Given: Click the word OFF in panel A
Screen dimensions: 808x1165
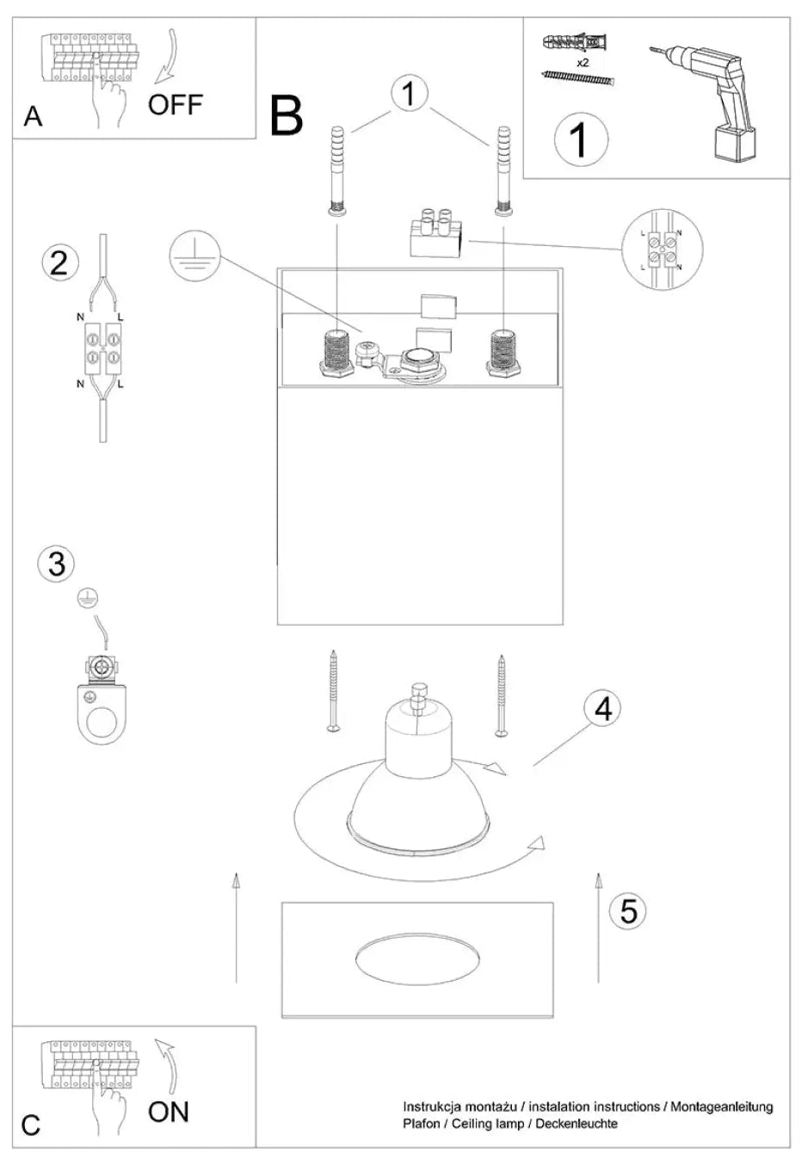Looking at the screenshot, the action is (175, 104).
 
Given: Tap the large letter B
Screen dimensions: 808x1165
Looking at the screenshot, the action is (287, 116).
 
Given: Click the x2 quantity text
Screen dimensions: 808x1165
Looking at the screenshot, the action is (583, 63).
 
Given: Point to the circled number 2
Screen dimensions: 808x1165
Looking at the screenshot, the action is (60, 262).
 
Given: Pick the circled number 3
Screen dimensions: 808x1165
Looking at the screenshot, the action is (57, 564).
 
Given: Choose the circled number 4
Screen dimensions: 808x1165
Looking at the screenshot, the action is (602, 708).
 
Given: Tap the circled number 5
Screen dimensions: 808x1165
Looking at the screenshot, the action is (628, 897).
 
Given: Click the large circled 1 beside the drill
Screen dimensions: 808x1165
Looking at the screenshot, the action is (581, 139).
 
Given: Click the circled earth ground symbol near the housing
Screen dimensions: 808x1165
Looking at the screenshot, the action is (194, 256).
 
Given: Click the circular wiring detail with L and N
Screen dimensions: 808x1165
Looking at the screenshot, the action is (663, 250).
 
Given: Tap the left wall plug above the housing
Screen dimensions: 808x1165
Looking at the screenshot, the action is (337, 170).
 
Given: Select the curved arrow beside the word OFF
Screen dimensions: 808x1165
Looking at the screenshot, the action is (168, 56).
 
